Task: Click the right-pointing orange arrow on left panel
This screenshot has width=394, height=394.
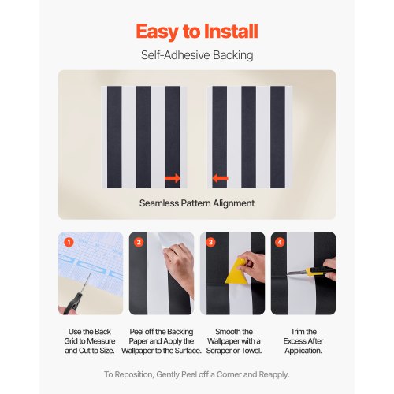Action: [173, 179]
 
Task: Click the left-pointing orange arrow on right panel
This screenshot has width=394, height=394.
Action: [221, 179]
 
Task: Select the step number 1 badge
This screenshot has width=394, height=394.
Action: [69, 242]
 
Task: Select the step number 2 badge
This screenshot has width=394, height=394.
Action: [139, 242]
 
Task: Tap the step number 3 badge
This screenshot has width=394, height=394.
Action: [209, 242]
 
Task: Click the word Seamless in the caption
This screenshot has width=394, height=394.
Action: [162, 203]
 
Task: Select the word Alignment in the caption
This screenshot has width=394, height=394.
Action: [232, 203]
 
